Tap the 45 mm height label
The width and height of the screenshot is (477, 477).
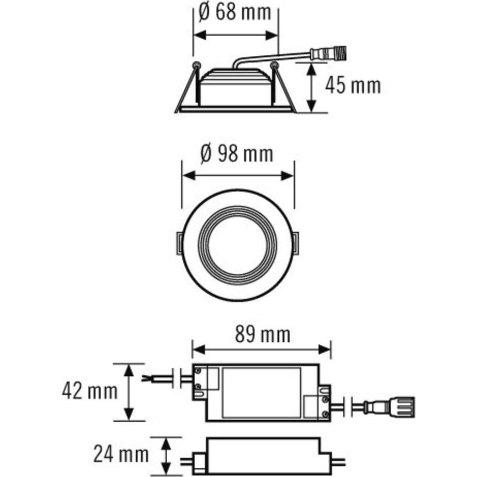[353, 86]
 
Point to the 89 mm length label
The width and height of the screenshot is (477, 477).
[262, 335]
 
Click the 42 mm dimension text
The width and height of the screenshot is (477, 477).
[89, 391]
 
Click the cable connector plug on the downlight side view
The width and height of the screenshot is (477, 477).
[328, 53]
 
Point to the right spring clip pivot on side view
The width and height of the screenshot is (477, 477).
[274, 66]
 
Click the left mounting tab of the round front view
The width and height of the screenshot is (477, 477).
[178, 243]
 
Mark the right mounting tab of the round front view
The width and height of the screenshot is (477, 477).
[296, 243]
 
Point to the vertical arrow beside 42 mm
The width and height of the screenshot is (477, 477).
[129, 391]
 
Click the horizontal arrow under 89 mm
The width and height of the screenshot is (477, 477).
[261, 349]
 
